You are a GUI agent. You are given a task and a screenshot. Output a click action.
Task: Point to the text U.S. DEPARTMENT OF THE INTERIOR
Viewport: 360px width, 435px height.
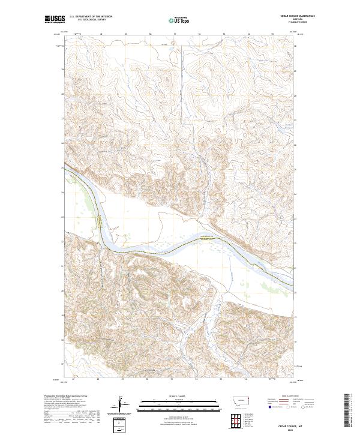tap(91, 16)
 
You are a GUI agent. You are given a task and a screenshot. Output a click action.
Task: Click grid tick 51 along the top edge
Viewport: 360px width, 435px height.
tap(175, 34)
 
